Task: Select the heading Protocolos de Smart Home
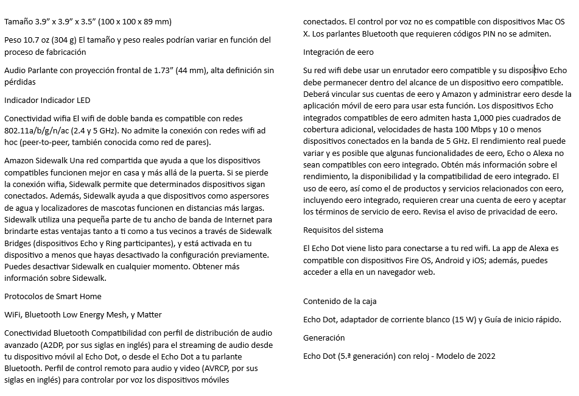(52, 296)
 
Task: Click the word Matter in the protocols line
(149, 315)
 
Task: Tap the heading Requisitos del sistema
(343, 230)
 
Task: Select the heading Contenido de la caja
(344, 302)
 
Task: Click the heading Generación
(324, 338)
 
